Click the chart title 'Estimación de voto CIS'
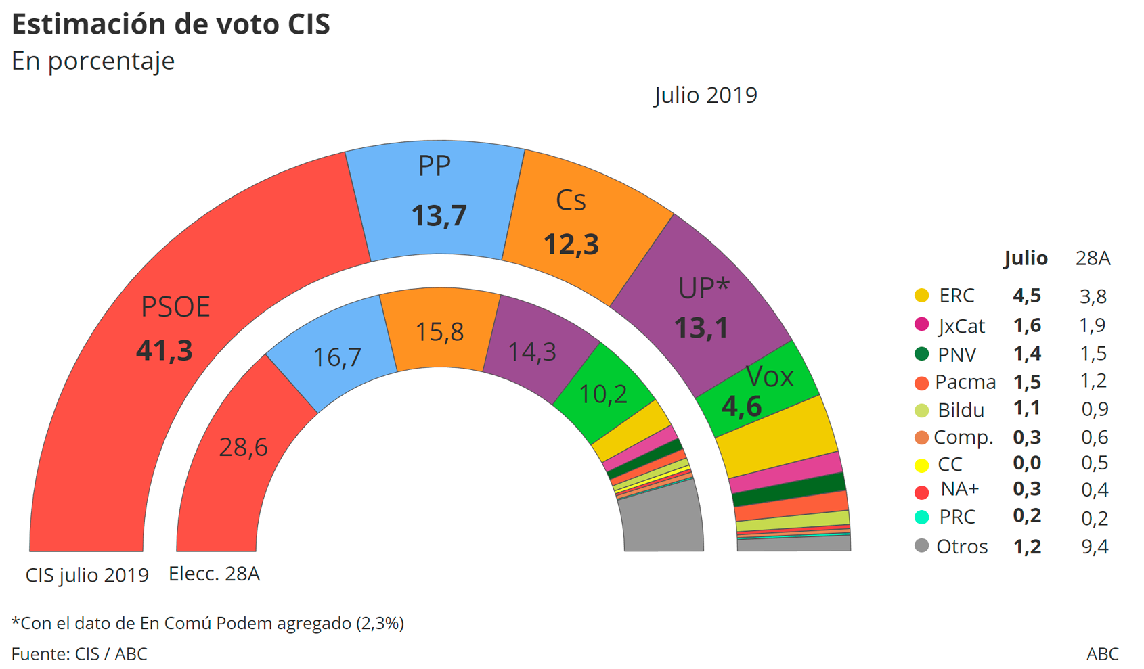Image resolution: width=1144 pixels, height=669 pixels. pos(171,24)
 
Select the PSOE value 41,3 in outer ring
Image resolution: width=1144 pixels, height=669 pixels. pos(164,350)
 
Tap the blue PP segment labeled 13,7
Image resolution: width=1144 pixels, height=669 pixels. pos(439,216)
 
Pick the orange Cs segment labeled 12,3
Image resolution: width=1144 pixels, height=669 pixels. pos(571,244)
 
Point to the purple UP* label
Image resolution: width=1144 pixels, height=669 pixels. pos(703,288)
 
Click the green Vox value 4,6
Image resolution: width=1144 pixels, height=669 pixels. pos(741,407)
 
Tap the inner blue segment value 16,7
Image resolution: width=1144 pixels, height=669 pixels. pos(337,357)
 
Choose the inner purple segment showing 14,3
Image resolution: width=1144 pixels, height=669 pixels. pos(532,352)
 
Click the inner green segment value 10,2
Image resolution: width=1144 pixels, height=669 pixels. pos(603,394)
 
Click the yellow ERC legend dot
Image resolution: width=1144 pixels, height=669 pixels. pos(921,296)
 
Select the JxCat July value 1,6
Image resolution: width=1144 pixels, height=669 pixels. pos(1026,326)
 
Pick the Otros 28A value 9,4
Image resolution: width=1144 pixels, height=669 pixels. pos(1094,547)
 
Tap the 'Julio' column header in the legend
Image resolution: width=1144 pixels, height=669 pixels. pos(1026,258)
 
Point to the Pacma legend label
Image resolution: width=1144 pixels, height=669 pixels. pos(965,382)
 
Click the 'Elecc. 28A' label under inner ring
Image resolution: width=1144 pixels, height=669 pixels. pos(214,574)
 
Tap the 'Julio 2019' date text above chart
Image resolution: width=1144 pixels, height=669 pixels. pos(705,95)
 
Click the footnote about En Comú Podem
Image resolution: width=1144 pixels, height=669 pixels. pos(207,623)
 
